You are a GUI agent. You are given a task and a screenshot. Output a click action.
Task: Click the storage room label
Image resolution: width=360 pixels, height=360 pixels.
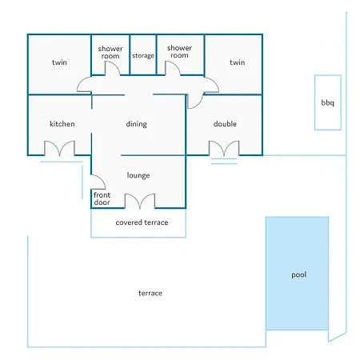[143, 56]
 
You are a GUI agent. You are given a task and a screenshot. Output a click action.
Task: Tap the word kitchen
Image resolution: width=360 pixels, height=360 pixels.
[62, 124]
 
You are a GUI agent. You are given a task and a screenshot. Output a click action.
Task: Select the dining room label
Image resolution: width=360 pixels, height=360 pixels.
[136, 124]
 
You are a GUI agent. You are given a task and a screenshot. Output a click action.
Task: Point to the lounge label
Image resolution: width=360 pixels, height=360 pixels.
[138, 175]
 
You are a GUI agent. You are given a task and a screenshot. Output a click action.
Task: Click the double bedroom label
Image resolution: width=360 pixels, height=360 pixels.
[225, 124]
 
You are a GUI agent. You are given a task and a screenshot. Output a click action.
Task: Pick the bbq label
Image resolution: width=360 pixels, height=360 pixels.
[327, 103]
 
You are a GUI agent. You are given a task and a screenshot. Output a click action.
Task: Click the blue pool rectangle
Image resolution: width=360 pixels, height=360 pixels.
[297, 274]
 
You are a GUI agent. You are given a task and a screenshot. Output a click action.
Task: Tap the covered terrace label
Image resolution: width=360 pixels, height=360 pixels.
[142, 222]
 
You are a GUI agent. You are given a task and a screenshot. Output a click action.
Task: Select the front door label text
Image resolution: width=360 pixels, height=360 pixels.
[102, 198]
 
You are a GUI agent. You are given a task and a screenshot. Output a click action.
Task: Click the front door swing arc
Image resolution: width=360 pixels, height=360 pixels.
[102, 179]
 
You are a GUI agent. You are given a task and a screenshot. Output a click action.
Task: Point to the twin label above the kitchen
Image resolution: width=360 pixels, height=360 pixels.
[59, 62]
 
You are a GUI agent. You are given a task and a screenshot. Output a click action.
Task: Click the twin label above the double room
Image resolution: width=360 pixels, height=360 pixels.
[237, 62]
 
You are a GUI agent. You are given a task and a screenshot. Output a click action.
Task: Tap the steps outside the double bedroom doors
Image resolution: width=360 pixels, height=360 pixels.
[224, 162]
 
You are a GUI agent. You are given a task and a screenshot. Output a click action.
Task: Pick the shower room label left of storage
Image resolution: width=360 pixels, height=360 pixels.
[110, 52]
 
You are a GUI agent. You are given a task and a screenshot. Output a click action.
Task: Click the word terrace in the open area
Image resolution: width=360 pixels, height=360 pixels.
[150, 293]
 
